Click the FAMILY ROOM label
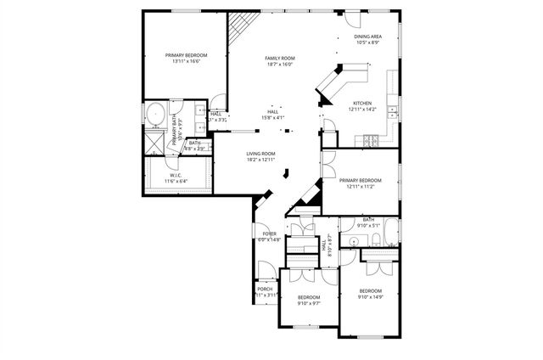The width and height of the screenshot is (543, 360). (x=279, y=58)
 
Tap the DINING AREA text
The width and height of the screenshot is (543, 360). (x=367, y=37)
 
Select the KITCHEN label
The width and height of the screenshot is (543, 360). (x=362, y=103)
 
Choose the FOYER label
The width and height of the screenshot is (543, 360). (x=269, y=233)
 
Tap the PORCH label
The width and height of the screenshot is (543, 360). (x=265, y=290)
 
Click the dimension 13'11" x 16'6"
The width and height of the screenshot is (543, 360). (x=185, y=61)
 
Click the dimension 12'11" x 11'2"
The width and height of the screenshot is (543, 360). (x=360, y=186)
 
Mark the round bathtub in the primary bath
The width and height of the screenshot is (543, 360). (x=156, y=114)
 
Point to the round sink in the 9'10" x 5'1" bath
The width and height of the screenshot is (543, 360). (x=353, y=243)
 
